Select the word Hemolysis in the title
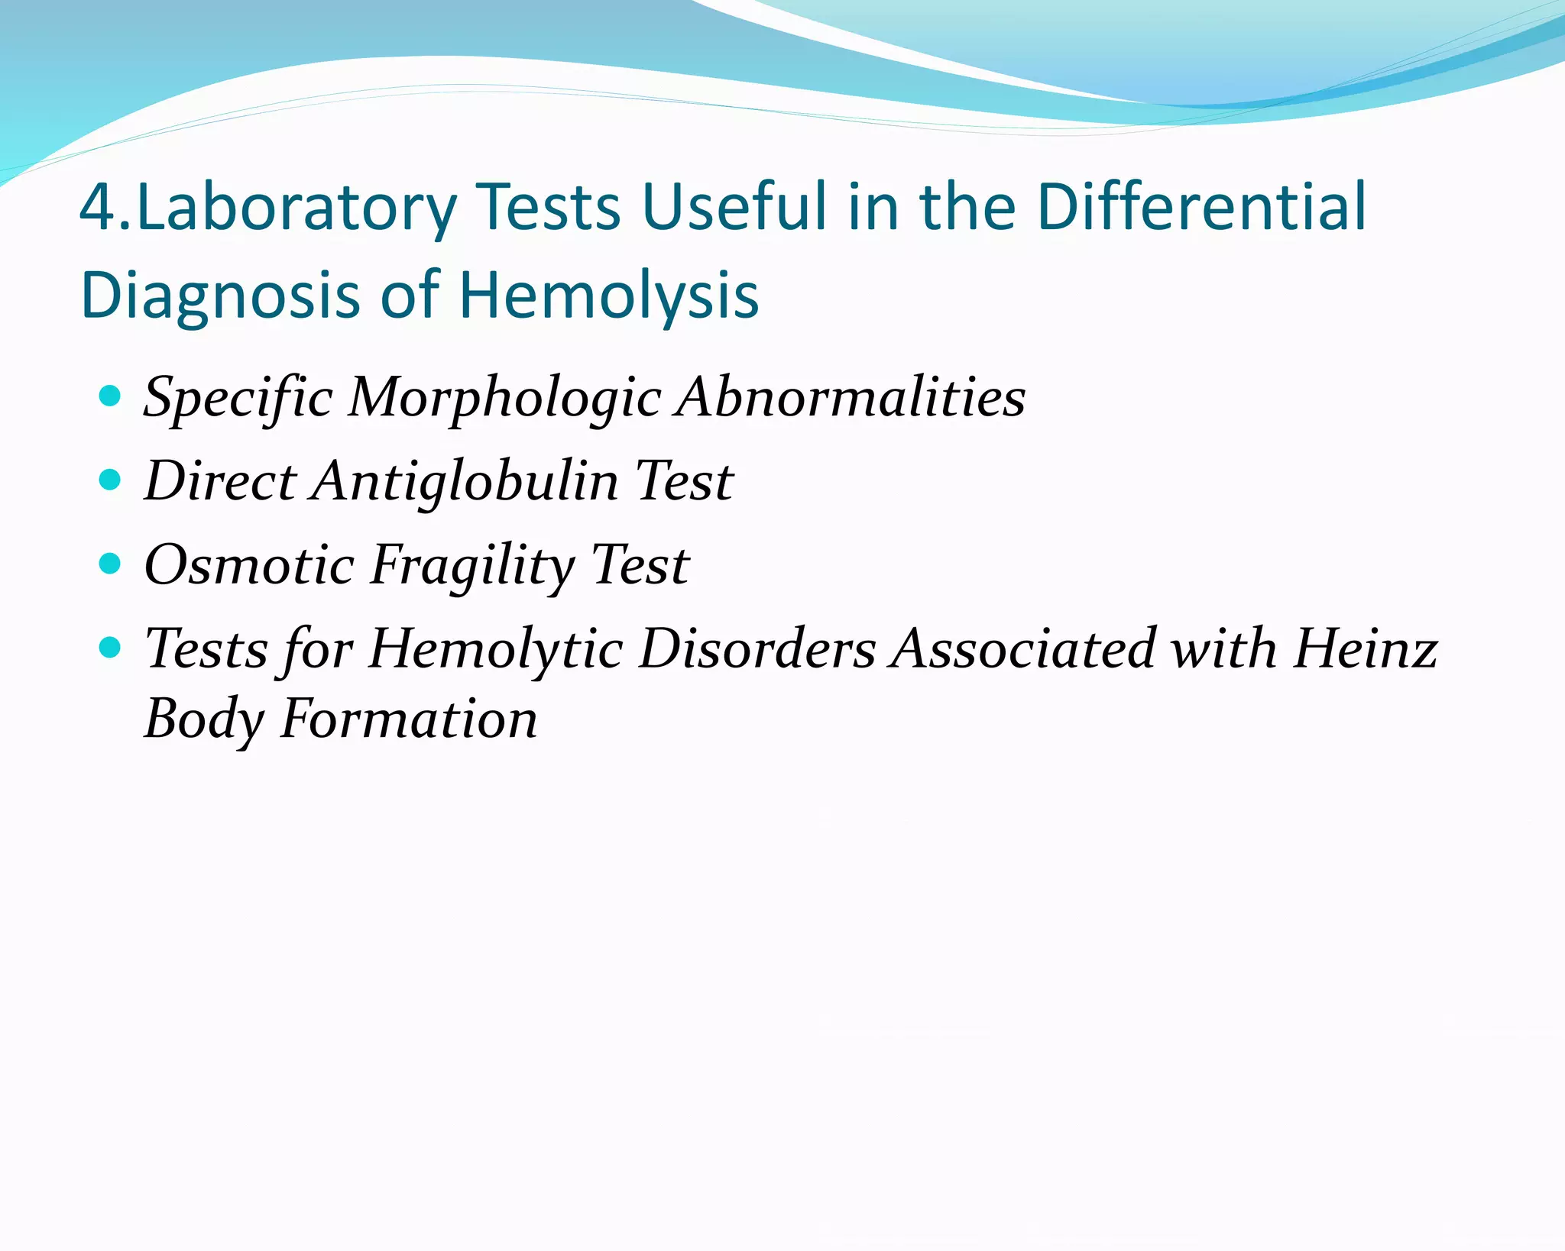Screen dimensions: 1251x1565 coord(608,296)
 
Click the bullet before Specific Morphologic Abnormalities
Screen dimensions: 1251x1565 coord(111,396)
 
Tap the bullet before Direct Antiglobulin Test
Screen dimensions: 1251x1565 coord(111,480)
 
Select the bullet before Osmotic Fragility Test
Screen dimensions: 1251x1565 coord(111,564)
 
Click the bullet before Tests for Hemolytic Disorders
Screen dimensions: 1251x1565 coord(111,648)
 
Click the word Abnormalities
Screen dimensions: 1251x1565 coord(850,397)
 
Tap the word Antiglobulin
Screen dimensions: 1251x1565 coord(466,481)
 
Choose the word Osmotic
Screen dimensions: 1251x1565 coord(249,565)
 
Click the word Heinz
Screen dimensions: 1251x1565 coord(1365,649)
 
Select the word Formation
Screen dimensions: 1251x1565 coord(409,719)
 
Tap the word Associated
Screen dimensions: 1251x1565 coord(1024,649)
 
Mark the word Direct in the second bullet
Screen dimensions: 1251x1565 coord(220,481)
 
